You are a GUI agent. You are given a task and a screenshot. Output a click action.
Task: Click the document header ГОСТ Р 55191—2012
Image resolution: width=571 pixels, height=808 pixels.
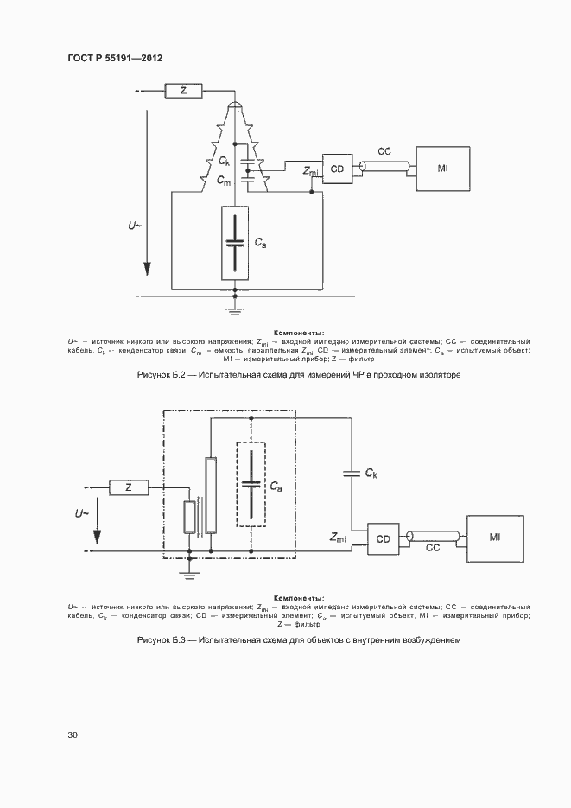pos(115,58)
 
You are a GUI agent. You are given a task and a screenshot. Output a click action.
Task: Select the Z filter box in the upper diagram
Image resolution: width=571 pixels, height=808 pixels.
pos(182,90)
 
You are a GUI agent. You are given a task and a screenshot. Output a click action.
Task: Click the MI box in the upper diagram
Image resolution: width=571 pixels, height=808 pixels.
pos(443,168)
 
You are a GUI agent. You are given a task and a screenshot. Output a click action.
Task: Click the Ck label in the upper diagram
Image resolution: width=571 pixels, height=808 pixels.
pos(224,161)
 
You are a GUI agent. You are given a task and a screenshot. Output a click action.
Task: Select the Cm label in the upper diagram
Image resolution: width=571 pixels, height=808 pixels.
pos(224,181)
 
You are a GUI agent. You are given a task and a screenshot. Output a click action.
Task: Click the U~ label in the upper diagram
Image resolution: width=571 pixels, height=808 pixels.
pos(136,226)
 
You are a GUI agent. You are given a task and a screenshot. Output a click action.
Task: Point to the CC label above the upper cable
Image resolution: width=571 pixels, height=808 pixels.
pos(384,151)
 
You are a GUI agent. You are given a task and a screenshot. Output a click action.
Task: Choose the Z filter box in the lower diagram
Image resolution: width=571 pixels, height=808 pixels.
pos(129,488)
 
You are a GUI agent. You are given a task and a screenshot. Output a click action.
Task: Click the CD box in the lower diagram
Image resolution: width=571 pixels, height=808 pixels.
pos(383,538)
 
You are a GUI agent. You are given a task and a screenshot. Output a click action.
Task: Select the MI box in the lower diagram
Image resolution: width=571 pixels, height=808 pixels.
pos(495,538)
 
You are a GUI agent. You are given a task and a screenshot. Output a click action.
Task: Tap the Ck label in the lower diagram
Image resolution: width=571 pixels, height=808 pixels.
pos(371,474)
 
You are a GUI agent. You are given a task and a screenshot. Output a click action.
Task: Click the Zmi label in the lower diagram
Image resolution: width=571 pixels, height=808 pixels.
pos(339,538)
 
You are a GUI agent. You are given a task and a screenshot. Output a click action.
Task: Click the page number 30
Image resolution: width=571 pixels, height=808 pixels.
pos(73,735)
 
